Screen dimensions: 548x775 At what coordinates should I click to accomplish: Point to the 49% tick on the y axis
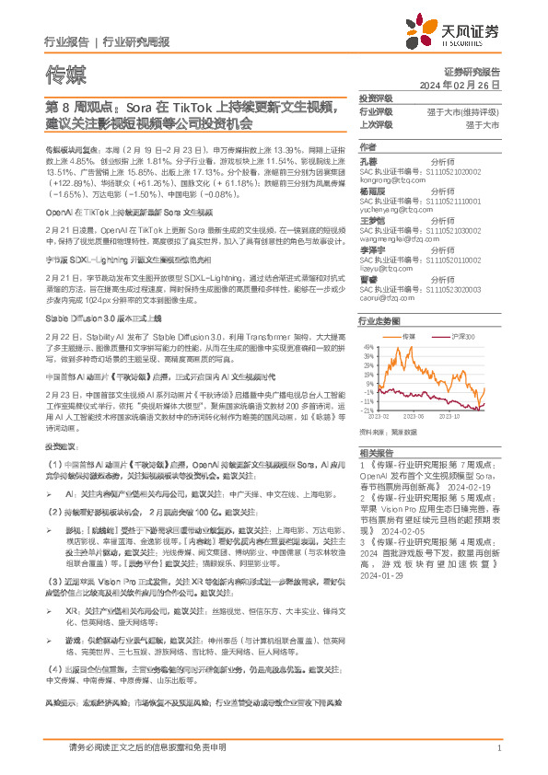(x=368, y=347)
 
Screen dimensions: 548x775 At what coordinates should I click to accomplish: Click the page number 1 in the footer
(x=497, y=748)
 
